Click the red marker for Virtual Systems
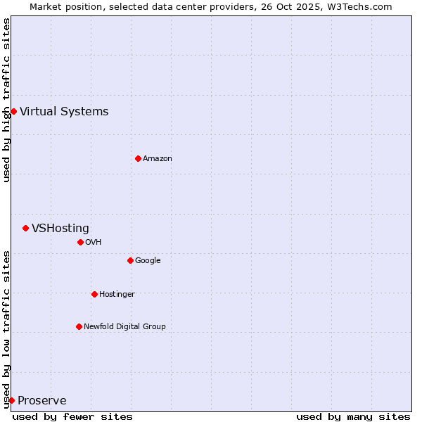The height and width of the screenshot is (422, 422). [x=13, y=111]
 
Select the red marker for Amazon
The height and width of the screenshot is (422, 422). [x=138, y=158]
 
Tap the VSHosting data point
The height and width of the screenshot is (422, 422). [x=25, y=228]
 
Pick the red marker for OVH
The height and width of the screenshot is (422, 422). [x=80, y=242]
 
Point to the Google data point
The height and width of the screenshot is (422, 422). [x=130, y=260]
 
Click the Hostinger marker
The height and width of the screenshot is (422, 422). [x=94, y=294]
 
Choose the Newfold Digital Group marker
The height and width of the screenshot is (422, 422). [x=79, y=326]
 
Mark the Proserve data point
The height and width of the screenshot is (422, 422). [x=11, y=400]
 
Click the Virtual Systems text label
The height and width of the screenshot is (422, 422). [x=64, y=111]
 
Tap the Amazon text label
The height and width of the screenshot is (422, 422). [x=158, y=158]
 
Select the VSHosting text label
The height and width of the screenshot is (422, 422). [x=60, y=228]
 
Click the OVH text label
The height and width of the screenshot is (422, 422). [x=94, y=242]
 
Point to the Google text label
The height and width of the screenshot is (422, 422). [x=148, y=260]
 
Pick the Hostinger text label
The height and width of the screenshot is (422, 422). [x=117, y=294]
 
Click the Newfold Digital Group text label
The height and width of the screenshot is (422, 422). [x=124, y=326]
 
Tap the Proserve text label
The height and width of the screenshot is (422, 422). [x=42, y=401]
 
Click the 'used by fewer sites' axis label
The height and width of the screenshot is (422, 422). [x=72, y=416]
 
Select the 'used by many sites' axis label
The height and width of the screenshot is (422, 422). [x=353, y=416]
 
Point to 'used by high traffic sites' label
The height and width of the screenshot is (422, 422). [x=6, y=100]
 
